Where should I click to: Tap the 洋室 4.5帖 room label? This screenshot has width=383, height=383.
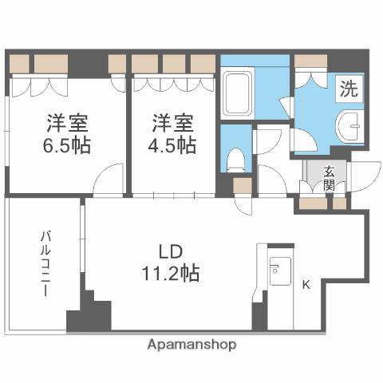(x=173, y=135)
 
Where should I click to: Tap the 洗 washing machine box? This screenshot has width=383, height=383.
(x=349, y=89)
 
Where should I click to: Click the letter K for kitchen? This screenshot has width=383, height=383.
(x=306, y=284)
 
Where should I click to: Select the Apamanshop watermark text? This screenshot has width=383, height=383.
(x=191, y=345)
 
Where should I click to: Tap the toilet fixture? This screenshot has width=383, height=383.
(x=236, y=159)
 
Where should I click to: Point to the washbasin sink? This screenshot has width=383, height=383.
(x=350, y=128)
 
